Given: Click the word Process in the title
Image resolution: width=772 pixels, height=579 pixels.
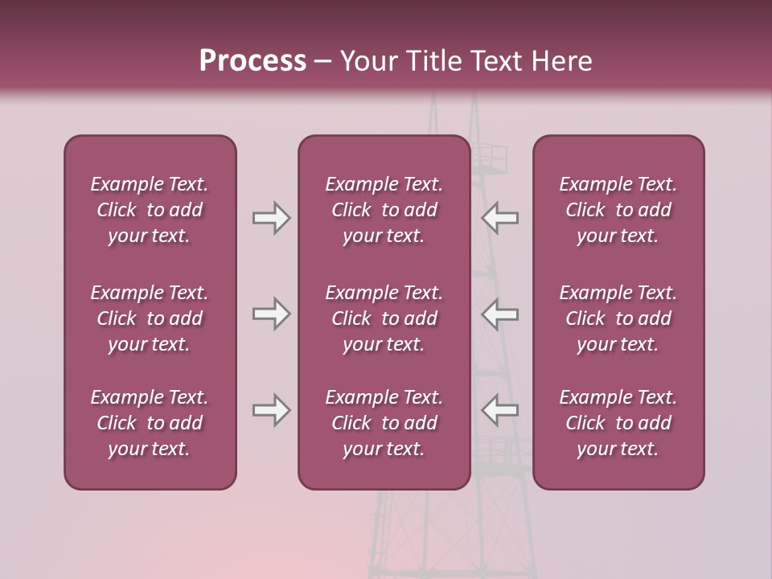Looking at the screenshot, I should [253, 61].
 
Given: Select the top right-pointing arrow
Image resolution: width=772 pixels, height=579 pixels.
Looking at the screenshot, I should [271, 218].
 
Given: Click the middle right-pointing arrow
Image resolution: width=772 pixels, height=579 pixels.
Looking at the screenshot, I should [271, 314].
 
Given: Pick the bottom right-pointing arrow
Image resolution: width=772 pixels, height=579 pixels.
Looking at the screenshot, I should [271, 410].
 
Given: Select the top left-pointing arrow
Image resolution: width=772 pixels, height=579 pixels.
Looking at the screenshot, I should [500, 218].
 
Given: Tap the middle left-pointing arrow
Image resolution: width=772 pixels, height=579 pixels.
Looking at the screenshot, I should [500, 314].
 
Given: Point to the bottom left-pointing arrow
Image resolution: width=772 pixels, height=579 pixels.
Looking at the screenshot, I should [500, 410].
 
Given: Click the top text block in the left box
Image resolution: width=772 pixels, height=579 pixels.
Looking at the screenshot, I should [150, 210].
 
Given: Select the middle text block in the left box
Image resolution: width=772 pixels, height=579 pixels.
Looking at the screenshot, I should [150, 318].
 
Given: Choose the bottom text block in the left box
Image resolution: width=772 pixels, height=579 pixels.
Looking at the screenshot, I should [150, 423].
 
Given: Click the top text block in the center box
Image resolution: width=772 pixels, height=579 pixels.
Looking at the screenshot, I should [384, 210].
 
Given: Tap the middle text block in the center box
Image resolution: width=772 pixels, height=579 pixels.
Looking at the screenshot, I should [384, 318].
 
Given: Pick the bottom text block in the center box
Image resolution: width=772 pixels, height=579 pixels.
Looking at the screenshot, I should [384, 423].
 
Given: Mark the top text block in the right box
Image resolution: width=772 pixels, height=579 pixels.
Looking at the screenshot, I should [618, 210].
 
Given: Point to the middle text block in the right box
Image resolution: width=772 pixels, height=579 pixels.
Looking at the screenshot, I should [618, 318].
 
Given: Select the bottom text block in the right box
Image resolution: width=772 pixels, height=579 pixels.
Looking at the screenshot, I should [618, 423].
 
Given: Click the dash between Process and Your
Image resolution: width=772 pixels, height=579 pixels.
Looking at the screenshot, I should [322, 62].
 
